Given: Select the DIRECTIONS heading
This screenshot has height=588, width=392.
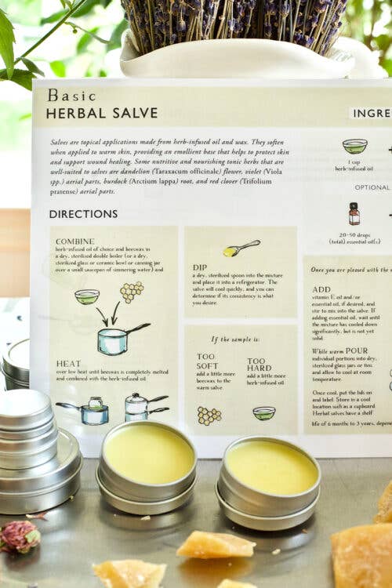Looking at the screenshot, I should coord(83,213).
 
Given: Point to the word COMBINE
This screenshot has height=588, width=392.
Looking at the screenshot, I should coord(75,241).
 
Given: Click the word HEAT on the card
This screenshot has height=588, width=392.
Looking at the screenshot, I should coord(68,364).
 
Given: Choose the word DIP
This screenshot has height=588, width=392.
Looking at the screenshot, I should coord(199,267).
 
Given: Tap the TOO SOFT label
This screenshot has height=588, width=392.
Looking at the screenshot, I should coord(206,361).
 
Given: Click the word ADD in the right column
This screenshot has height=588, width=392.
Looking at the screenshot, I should coord(321,289).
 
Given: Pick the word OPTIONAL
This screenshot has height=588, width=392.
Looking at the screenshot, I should coord(372,187).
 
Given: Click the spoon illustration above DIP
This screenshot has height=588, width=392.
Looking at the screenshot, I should coord(241,249).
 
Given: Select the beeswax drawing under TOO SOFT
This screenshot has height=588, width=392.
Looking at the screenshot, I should coord(209,415).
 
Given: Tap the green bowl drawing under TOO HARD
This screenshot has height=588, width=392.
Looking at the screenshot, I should coord(264,412).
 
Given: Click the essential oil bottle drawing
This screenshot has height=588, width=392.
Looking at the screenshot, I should coord(354,213).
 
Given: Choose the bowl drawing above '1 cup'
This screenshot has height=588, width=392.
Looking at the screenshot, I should coord(354,146).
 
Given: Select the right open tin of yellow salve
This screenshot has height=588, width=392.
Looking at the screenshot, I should coord(270,469).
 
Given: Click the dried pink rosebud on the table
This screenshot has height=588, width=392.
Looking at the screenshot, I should coord(20,536).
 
